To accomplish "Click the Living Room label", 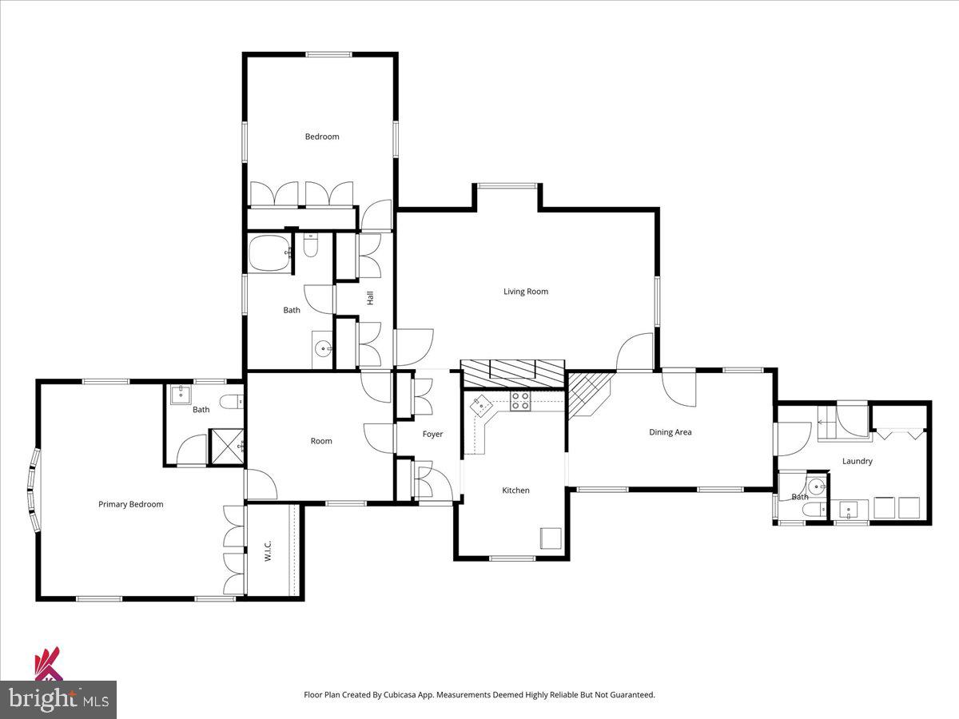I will (525, 292).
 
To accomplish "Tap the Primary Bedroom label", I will (130, 504).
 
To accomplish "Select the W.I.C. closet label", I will (269, 550).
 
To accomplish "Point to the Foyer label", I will (432, 435).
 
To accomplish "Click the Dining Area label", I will (670, 432).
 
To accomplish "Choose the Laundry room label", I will (857, 461).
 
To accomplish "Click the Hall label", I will (370, 297).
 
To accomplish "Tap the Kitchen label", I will (515, 491).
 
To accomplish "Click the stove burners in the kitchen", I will (520, 401).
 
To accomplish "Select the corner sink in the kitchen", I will (482, 405).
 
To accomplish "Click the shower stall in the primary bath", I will (226, 447).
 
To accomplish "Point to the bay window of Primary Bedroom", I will (34, 490).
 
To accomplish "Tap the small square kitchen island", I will (551, 538).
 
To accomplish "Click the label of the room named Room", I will (320, 441).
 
